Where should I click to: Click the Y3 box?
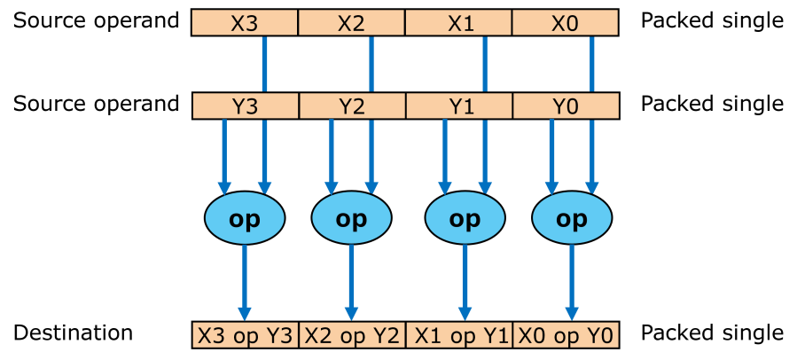[x=245, y=107]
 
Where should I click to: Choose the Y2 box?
[x=351, y=107]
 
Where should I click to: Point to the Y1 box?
[x=458, y=107]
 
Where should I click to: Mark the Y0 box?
[x=565, y=107]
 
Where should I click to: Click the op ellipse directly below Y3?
[x=245, y=219]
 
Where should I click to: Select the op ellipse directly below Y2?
[x=352, y=219]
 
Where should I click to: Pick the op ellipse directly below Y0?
[x=571, y=219]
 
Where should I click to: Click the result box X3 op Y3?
[x=245, y=336]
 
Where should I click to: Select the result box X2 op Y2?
[x=352, y=336]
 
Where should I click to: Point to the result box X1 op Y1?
[x=458, y=336]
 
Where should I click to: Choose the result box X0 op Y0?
[x=565, y=336]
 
